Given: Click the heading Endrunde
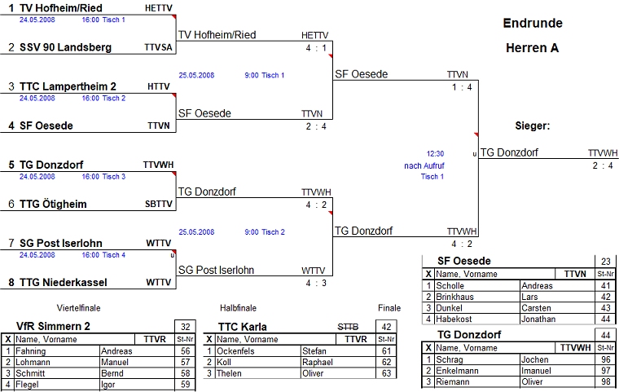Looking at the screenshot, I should click(x=533, y=23).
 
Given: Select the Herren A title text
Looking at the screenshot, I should click(x=533, y=48).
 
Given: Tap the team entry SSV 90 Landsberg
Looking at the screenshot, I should click(x=65, y=47).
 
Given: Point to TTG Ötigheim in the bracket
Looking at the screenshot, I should click(x=53, y=204).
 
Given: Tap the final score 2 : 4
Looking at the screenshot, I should click(x=604, y=165).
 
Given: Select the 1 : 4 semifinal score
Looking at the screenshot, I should click(x=463, y=87).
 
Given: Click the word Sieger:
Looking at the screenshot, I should click(x=533, y=126).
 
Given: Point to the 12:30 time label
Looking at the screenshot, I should click(x=435, y=152).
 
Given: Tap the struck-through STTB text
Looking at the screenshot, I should click(x=348, y=326).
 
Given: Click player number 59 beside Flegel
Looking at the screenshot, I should click(x=186, y=384).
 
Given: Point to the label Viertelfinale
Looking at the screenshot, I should click(x=78, y=308).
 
